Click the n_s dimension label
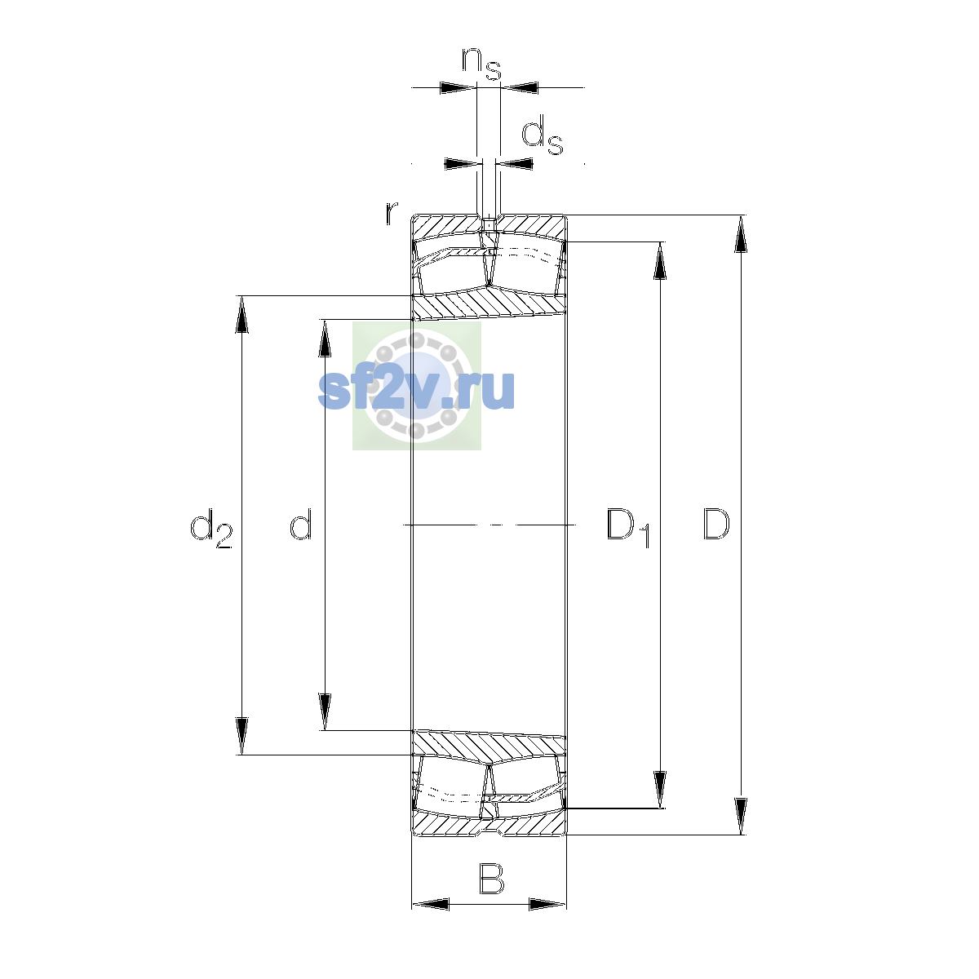pos(481,64)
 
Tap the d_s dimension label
pos(543,135)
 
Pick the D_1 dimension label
pos(628,528)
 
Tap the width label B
pos(491,879)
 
